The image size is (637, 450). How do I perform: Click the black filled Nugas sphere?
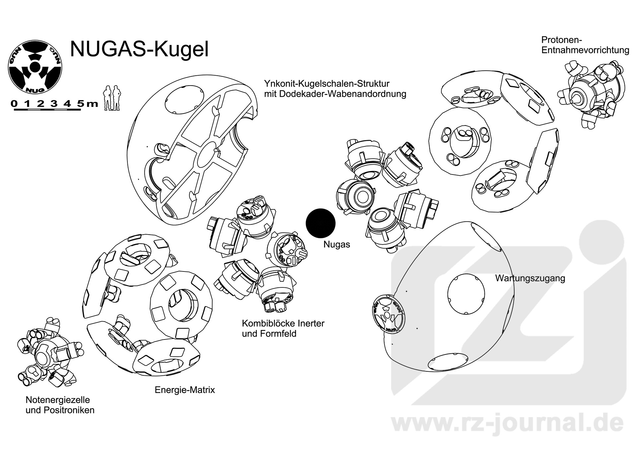pos(320,223)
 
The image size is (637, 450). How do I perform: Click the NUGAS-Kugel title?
pos(139,49)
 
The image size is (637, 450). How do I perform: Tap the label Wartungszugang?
pos(530,278)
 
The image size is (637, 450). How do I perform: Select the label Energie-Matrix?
pos(185,390)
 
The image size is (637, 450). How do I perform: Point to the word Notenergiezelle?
pos(58,400)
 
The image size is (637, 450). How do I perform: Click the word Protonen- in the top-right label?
pos(562,40)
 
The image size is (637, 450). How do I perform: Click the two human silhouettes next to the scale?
pos(112,98)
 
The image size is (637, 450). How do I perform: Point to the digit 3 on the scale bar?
pos(54,104)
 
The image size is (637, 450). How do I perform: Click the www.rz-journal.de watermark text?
pos(508,423)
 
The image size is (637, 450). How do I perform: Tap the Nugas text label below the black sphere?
pos(337,245)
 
